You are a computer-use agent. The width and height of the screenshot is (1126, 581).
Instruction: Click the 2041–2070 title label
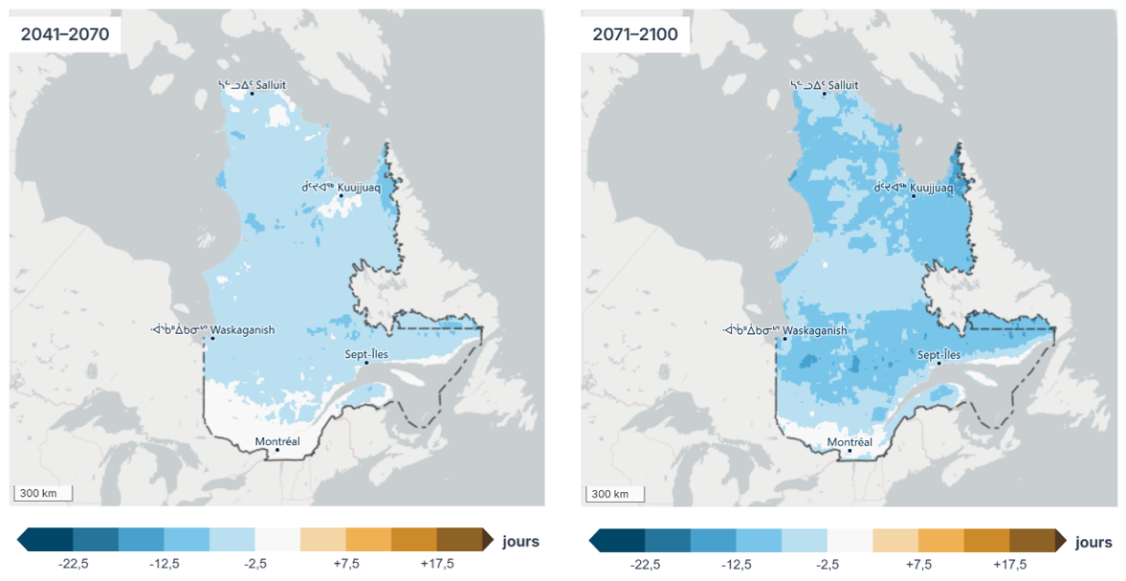[x=64, y=34]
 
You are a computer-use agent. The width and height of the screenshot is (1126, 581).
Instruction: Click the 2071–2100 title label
[x=635, y=34]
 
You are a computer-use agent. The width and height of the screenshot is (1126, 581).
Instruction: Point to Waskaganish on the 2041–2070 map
[x=242, y=330]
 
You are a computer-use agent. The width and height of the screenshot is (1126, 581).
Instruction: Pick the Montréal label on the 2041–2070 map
[x=277, y=441]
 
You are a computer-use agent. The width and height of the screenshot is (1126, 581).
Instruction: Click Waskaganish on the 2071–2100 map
[x=814, y=330]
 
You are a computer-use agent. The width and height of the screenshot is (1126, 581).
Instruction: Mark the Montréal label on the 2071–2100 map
[x=850, y=442]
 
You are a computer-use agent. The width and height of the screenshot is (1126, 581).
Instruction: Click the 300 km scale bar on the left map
[x=42, y=494]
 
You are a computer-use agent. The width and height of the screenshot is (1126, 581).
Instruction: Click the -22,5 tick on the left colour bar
[x=73, y=565]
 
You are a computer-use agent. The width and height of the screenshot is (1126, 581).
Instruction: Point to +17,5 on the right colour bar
[x=1010, y=565]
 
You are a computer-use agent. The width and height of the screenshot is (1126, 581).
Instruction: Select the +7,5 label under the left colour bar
[x=346, y=565]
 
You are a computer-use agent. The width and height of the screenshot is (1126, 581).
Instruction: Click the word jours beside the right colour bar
[x=1093, y=542]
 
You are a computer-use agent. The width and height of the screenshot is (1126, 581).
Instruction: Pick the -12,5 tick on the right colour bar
[x=737, y=565]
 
